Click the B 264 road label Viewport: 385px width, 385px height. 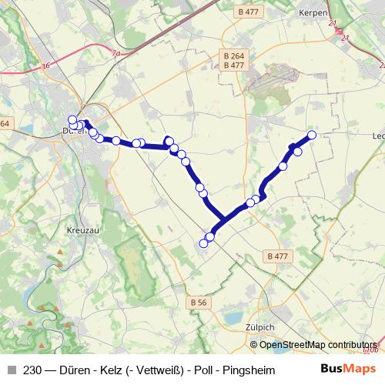pyautogui.click(x=233, y=56)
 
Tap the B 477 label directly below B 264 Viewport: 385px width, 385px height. pyautogui.click(x=233, y=65)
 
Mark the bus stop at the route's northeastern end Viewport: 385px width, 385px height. pyautogui.click(x=313, y=136)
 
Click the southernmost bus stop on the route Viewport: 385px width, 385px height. pyautogui.click(x=204, y=243)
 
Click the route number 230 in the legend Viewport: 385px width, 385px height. pyautogui.click(x=32, y=370)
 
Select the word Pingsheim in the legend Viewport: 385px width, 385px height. pyautogui.click(x=249, y=370)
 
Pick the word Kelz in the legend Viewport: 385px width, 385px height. pyautogui.click(x=113, y=370)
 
